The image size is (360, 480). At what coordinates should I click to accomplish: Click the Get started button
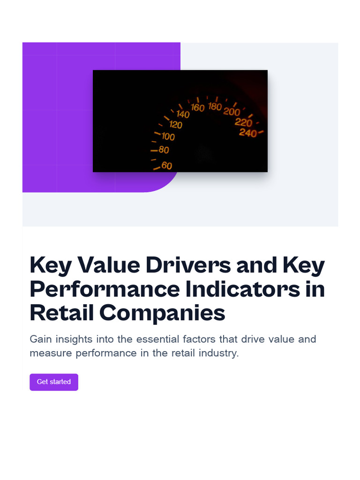coord(54,382)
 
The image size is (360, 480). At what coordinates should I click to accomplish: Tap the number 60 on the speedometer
coord(166,165)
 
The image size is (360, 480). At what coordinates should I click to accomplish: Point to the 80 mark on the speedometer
coord(164,150)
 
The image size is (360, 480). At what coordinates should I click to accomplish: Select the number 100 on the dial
coord(168,137)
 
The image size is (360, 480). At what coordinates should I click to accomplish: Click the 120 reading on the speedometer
coord(176,125)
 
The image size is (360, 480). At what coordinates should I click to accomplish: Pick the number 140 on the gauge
coord(183,114)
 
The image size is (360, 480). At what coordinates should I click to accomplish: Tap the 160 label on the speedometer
coord(198,108)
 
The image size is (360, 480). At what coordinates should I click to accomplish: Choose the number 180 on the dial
coord(215,107)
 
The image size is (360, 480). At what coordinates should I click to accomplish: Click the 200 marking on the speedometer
coord(232,112)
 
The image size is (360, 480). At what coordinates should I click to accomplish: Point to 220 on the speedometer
coord(243,123)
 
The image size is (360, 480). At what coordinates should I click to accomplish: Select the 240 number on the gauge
coord(247,133)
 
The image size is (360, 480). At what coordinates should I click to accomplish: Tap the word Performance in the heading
coord(105,289)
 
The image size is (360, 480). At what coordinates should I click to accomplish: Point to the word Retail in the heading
coord(61,313)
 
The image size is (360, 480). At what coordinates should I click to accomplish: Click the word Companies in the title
coord(162,313)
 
